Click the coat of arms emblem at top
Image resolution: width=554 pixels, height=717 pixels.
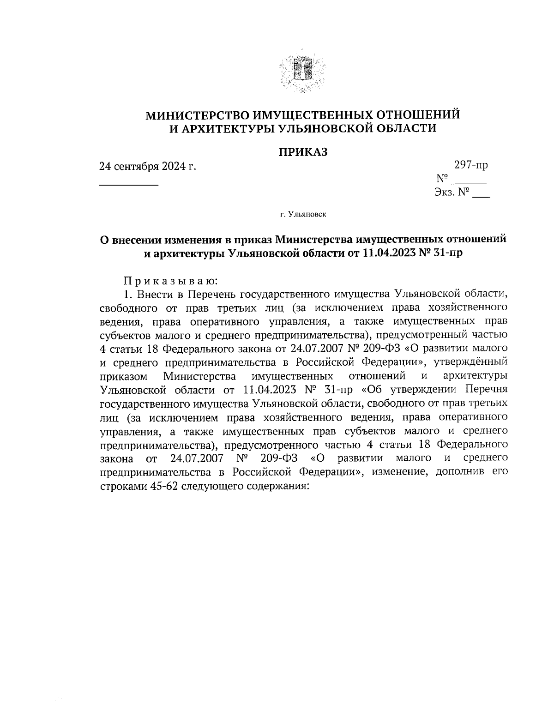(302, 73)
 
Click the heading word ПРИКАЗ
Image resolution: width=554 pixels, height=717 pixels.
(302, 152)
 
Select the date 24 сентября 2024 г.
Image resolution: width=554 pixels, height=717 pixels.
(148, 166)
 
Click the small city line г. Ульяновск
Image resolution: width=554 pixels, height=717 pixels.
(302, 214)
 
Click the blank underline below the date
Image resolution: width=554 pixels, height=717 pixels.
(129, 185)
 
